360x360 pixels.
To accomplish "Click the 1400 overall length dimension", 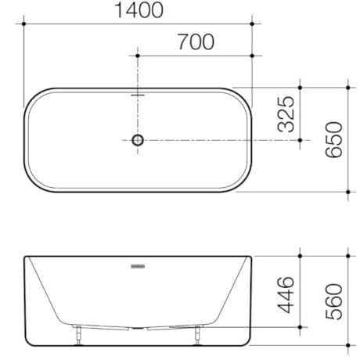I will point(139,11).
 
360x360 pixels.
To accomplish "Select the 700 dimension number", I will point(195,42).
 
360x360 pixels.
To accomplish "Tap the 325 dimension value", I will point(286,114).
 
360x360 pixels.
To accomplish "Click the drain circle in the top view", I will point(138,140).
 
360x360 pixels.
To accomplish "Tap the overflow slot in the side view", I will point(138,266).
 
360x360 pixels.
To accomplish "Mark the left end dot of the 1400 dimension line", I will point(24,24).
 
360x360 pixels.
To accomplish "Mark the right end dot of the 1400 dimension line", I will point(253,24).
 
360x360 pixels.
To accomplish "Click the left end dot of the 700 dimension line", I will point(138,56).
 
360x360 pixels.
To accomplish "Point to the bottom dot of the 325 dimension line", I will point(301,140).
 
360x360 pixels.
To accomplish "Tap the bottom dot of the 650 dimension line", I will point(347,191).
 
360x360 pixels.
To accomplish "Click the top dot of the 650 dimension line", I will point(347,88).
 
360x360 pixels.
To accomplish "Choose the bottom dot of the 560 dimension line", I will point(347,346).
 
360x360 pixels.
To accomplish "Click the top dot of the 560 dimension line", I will point(347,255).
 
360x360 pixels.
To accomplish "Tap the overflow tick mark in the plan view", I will point(138,95).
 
